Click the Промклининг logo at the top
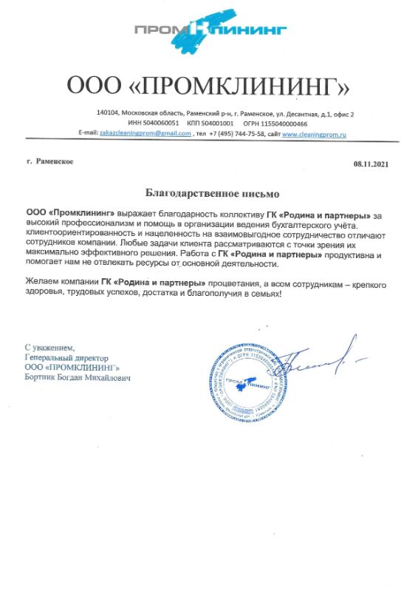(x=208, y=31)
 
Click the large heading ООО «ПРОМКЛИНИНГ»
(x=208, y=86)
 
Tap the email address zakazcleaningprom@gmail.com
(x=145, y=134)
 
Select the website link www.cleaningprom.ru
(x=314, y=134)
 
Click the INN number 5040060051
(x=162, y=124)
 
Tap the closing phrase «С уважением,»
(x=49, y=347)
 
